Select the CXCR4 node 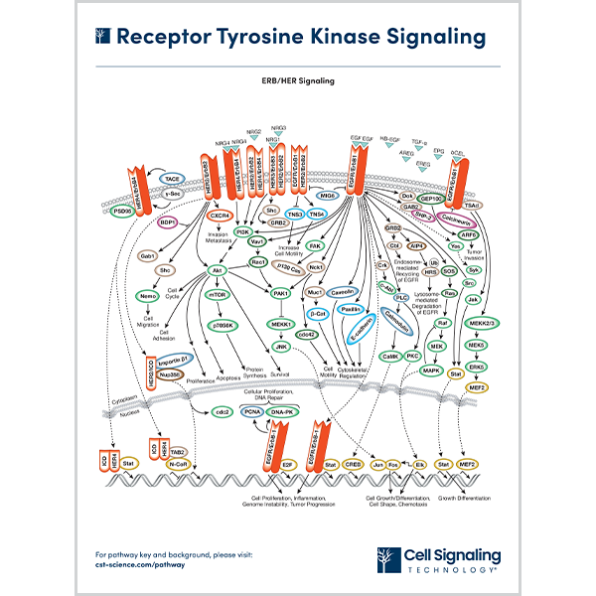coord(221,214)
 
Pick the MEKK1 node coord(279,323)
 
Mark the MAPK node coord(431,371)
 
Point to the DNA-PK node coord(282,411)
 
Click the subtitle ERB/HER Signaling coord(297,80)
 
